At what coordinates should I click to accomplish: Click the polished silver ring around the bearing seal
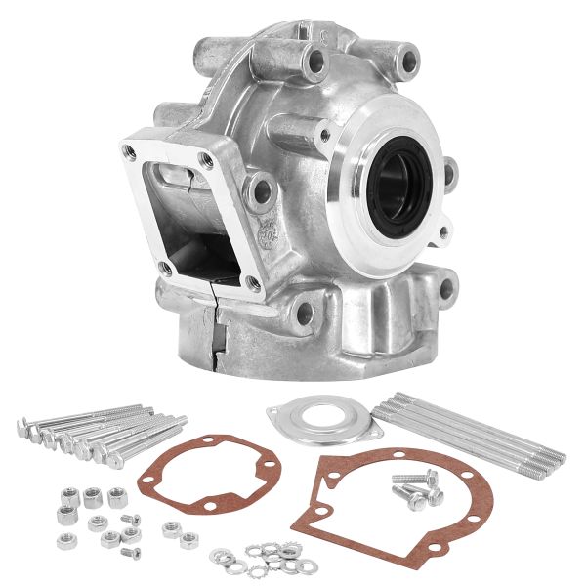point(361,210)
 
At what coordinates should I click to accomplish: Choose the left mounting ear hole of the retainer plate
point(276,413)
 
